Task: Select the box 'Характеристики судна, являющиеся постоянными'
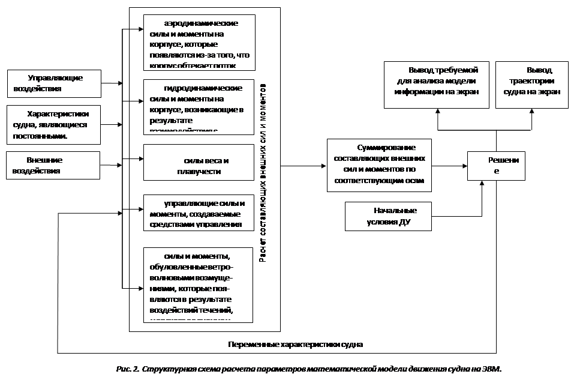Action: [53, 124]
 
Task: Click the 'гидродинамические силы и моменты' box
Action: [199, 107]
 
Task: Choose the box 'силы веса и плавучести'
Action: [199, 162]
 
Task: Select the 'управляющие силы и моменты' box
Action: [199, 213]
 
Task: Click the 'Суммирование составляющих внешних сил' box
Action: [379, 164]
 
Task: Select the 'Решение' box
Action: [496, 165]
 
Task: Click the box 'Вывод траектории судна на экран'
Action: [532, 85]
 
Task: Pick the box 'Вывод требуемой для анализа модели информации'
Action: [436, 85]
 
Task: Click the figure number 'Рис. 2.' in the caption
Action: [128, 368]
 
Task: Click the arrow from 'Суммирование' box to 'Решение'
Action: [450, 165]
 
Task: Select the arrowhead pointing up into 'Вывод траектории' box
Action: [532, 111]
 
